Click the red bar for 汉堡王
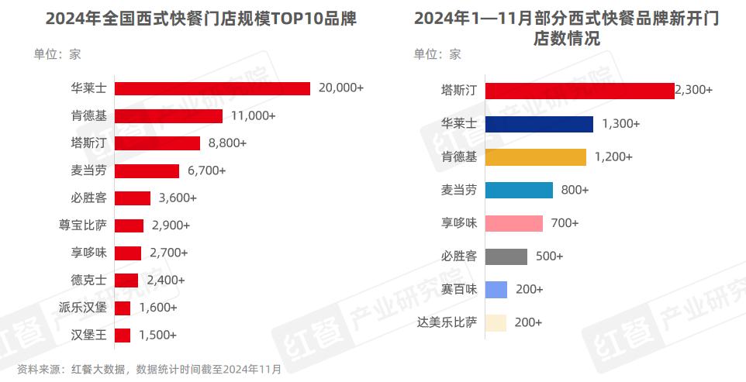(123, 336)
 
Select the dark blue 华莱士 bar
(539, 124)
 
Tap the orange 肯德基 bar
(535, 157)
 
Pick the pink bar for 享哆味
(513, 223)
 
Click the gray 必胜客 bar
(506, 256)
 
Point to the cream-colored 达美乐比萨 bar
(496, 322)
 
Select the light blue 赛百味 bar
(496, 290)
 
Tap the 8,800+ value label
(227, 143)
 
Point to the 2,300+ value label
(693, 91)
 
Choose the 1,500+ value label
(157, 336)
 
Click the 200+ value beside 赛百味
(529, 290)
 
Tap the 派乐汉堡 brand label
(83, 308)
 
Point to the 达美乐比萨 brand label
(447, 322)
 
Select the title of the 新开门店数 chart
(566, 29)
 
